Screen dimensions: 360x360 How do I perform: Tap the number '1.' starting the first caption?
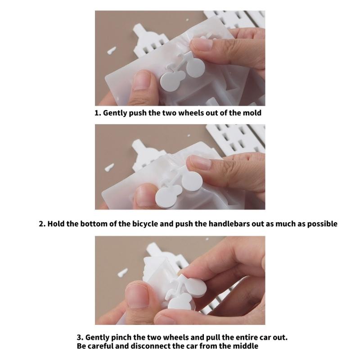click(98, 112)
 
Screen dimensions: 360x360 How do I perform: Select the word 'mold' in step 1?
click(252, 112)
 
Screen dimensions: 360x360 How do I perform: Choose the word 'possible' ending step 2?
click(321, 224)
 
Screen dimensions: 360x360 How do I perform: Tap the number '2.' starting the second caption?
click(42, 224)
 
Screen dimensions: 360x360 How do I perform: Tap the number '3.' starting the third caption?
click(79, 337)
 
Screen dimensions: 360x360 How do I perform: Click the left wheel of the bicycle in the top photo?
click(171, 81)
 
